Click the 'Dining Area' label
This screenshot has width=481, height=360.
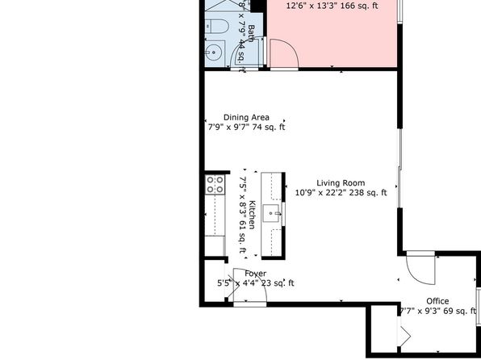246,116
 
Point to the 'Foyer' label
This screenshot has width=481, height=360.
255,273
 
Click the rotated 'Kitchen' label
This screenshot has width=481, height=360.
252,215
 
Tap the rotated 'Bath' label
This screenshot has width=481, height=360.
251,33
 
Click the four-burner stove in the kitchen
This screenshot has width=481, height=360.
215,185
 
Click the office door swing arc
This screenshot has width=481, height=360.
420,266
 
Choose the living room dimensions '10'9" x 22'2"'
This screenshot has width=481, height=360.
320,193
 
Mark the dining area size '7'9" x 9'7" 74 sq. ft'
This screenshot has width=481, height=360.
246,127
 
